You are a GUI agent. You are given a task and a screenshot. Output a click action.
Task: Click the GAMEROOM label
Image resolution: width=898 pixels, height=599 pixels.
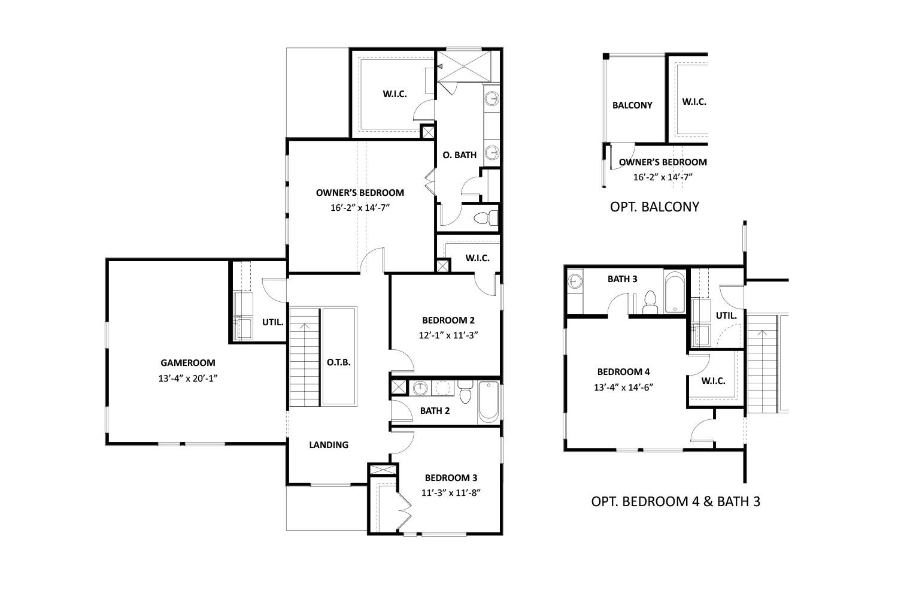click(187, 362)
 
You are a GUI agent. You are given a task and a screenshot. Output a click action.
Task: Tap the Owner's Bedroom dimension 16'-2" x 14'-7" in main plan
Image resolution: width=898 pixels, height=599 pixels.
click(360, 207)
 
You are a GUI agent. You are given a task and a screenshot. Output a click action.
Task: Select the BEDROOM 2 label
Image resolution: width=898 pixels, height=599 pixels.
click(448, 320)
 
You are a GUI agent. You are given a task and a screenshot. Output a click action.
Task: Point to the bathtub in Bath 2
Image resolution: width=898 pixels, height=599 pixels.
click(489, 401)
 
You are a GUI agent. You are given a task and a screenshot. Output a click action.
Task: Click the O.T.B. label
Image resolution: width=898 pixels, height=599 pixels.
click(339, 362)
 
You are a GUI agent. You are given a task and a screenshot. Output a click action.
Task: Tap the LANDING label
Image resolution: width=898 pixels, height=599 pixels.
click(329, 444)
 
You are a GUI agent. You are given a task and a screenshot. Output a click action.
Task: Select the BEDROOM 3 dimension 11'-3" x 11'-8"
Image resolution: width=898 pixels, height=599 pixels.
click(451, 493)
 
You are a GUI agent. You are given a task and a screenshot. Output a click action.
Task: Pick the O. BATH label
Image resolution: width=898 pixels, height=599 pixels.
click(460, 155)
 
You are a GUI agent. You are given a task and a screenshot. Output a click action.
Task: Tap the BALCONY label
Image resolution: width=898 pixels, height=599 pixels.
click(632, 105)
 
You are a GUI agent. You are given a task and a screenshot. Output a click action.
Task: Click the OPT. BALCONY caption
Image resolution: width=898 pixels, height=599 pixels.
click(654, 207)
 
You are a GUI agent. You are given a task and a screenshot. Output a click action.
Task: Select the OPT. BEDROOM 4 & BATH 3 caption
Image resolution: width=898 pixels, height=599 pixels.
click(675, 501)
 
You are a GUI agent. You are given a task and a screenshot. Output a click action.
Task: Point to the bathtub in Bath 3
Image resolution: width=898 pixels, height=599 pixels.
click(674, 294)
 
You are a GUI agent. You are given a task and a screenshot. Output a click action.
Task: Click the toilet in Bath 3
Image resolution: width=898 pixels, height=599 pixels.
click(650, 302)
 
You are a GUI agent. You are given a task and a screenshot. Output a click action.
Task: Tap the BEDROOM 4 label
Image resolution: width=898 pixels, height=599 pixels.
click(623, 371)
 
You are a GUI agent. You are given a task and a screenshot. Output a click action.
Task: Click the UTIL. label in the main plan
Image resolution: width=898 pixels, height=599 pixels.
click(272, 322)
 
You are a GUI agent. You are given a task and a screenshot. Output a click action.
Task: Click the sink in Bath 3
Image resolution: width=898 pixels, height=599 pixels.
click(575, 280)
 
